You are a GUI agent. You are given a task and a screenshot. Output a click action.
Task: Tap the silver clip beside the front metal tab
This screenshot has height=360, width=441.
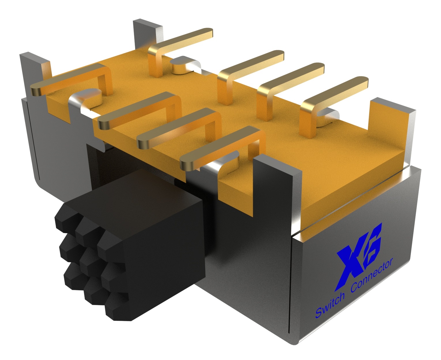tap(228, 164)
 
